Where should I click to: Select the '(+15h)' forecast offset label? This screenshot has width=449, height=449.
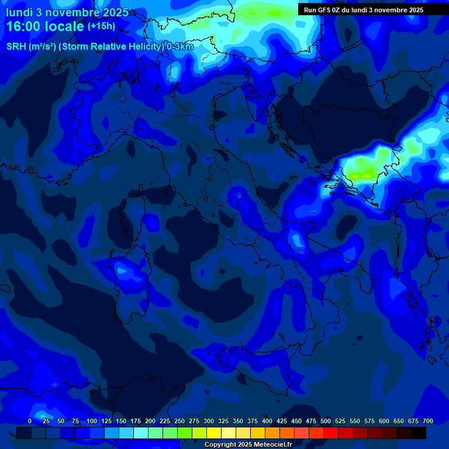(x=101, y=26)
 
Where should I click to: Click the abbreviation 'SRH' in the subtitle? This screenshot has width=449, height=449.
(x=16, y=47)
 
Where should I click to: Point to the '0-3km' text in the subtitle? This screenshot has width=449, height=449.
(x=180, y=47)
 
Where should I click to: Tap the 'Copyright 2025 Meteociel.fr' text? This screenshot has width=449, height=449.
(x=248, y=445)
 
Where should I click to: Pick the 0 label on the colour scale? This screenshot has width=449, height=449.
(x=30, y=422)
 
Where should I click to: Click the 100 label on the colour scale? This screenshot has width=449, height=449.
(x=92, y=422)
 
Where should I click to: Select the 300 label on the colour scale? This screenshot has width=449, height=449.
(x=209, y=422)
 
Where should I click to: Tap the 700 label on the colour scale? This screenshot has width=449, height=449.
(x=428, y=422)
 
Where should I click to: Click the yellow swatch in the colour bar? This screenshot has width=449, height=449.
(x=214, y=433)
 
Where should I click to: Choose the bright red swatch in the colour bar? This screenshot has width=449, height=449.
(x=331, y=433)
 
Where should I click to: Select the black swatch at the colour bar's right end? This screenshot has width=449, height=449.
(x=419, y=433)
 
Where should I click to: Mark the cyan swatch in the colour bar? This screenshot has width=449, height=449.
(x=141, y=433)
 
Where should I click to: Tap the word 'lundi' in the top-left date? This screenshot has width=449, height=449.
(x=19, y=12)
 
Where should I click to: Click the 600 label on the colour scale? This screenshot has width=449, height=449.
(x=384, y=422)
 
